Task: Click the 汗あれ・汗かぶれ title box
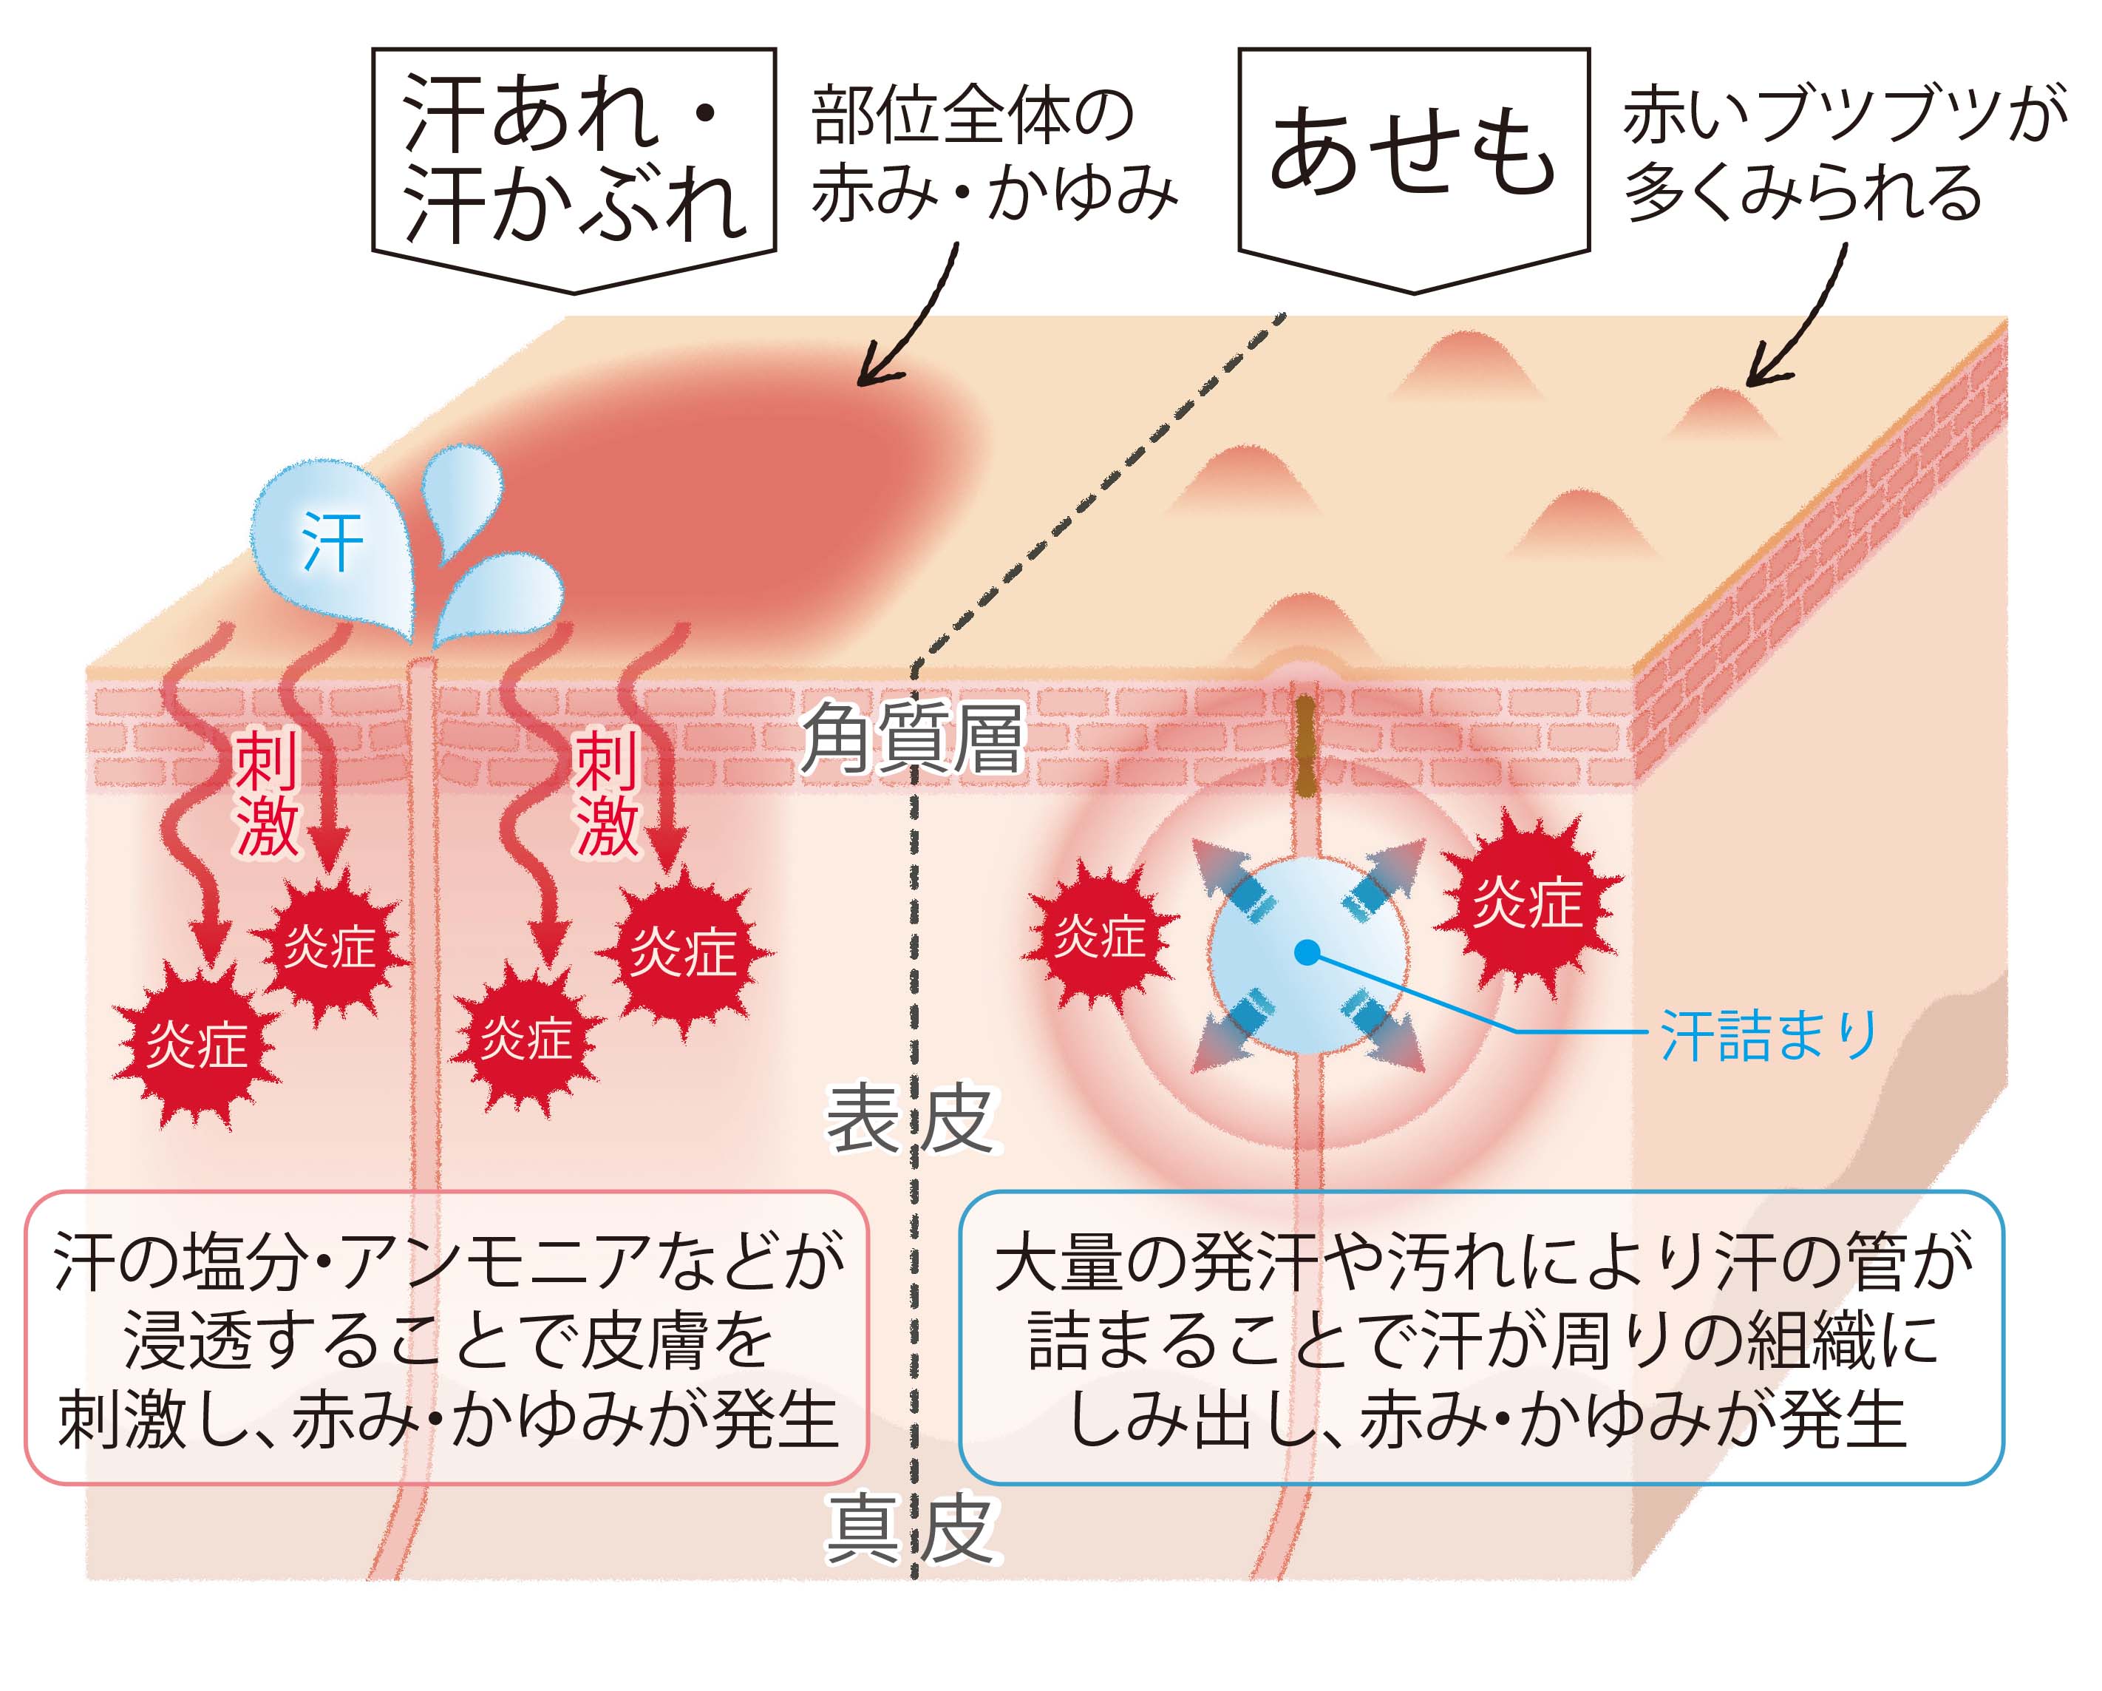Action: (x=574, y=161)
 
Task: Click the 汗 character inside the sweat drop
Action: (x=331, y=542)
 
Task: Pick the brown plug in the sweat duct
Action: (x=1305, y=746)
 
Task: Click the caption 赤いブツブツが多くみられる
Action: (x=1843, y=154)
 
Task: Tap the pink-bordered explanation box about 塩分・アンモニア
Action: (x=446, y=1339)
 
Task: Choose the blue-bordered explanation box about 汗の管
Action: (x=1481, y=1339)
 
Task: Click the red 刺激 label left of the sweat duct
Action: (x=265, y=796)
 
